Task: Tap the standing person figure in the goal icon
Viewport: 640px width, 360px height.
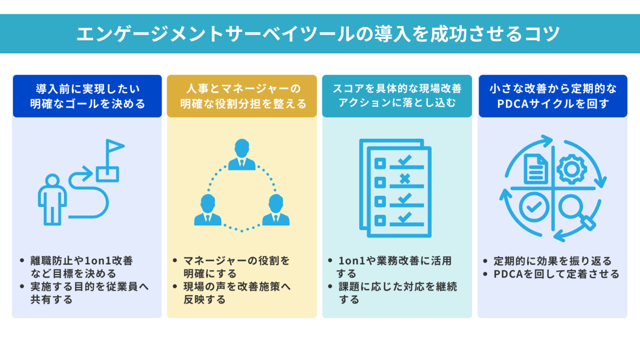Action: (x=52, y=200)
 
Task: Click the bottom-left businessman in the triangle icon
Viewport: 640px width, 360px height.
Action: (x=208, y=210)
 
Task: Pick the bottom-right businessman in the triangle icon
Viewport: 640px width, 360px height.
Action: (x=276, y=210)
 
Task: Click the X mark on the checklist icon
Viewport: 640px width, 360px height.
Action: (x=405, y=179)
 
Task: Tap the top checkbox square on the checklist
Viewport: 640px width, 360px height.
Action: (x=380, y=164)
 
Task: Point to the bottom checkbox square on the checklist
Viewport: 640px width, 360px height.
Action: (x=380, y=220)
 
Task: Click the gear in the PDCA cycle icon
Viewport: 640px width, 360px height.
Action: (x=572, y=169)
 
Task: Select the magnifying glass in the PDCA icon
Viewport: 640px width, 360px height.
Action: (x=577, y=211)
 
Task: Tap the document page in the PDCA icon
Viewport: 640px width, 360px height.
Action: (x=536, y=169)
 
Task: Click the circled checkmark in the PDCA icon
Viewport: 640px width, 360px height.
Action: (x=534, y=207)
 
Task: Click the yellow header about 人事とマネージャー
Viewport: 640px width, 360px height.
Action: (x=242, y=96)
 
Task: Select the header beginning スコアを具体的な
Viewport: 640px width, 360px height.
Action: (x=397, y=96)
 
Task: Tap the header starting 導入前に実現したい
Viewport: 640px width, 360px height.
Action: (x=87, y=96)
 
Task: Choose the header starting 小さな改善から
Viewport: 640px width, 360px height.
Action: (x=553, y=96)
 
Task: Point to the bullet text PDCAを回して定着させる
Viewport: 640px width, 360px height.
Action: (x=556, y=274)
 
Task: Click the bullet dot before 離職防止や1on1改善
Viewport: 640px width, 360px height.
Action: (x=22, y=261)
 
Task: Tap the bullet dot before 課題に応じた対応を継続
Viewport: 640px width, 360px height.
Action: (x=330, y=286)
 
